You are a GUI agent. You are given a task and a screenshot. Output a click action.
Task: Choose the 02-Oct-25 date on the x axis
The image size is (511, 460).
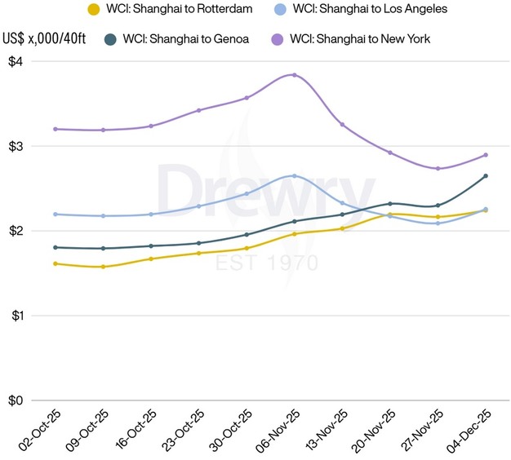(x=38, y=432)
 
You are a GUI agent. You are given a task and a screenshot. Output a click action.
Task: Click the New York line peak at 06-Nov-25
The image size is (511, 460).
(x=295, y=75)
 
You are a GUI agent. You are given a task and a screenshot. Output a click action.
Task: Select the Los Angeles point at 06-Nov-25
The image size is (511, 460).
(x=295, y=176)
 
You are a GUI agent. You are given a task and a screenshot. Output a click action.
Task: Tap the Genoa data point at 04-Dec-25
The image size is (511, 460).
(x=486, y=176)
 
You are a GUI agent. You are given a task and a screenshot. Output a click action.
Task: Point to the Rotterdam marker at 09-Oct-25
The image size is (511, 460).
(x=103, y=267)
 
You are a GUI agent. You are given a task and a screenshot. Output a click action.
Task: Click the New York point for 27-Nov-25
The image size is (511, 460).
(x=438, y=169)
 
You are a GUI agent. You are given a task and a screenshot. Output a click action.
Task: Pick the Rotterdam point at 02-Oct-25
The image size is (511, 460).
(x=55, y=263)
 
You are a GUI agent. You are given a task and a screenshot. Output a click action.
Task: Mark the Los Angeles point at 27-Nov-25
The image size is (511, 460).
(x=438, y=223)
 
